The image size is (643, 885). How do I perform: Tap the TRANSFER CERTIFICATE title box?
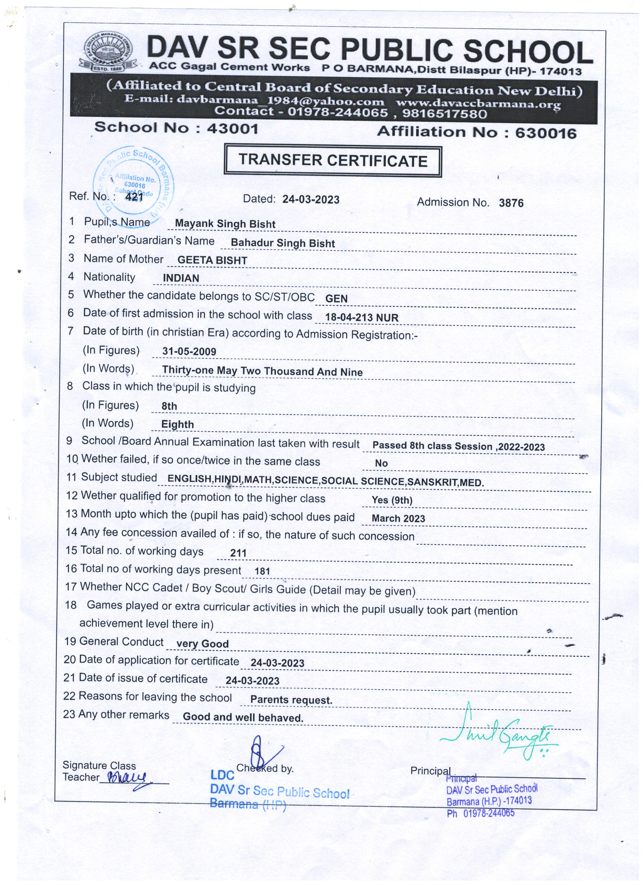pyautogui.click(x=333, y=161)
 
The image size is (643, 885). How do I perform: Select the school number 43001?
pyautogui.click(x=232, y=128)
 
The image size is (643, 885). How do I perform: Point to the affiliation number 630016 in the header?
pyautogui.click(x=545, y=133)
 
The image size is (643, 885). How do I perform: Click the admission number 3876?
pyautogui.click(x=511, y=203)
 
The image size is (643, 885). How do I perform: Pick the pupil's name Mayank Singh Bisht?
pyautogui.click(x=225, y=224)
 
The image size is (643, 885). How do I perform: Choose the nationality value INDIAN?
pyautogui.click(x=181, y=278)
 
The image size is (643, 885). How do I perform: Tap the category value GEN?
pyautogui.click(x=336, y=298)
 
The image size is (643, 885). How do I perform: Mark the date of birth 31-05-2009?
pyautogui.click(x=189, y=351)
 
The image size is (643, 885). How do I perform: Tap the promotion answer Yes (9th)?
pyautogui.click(x=392, y=500)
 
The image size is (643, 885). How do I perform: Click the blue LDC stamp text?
pyautogui.click(x=222, y=775)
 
